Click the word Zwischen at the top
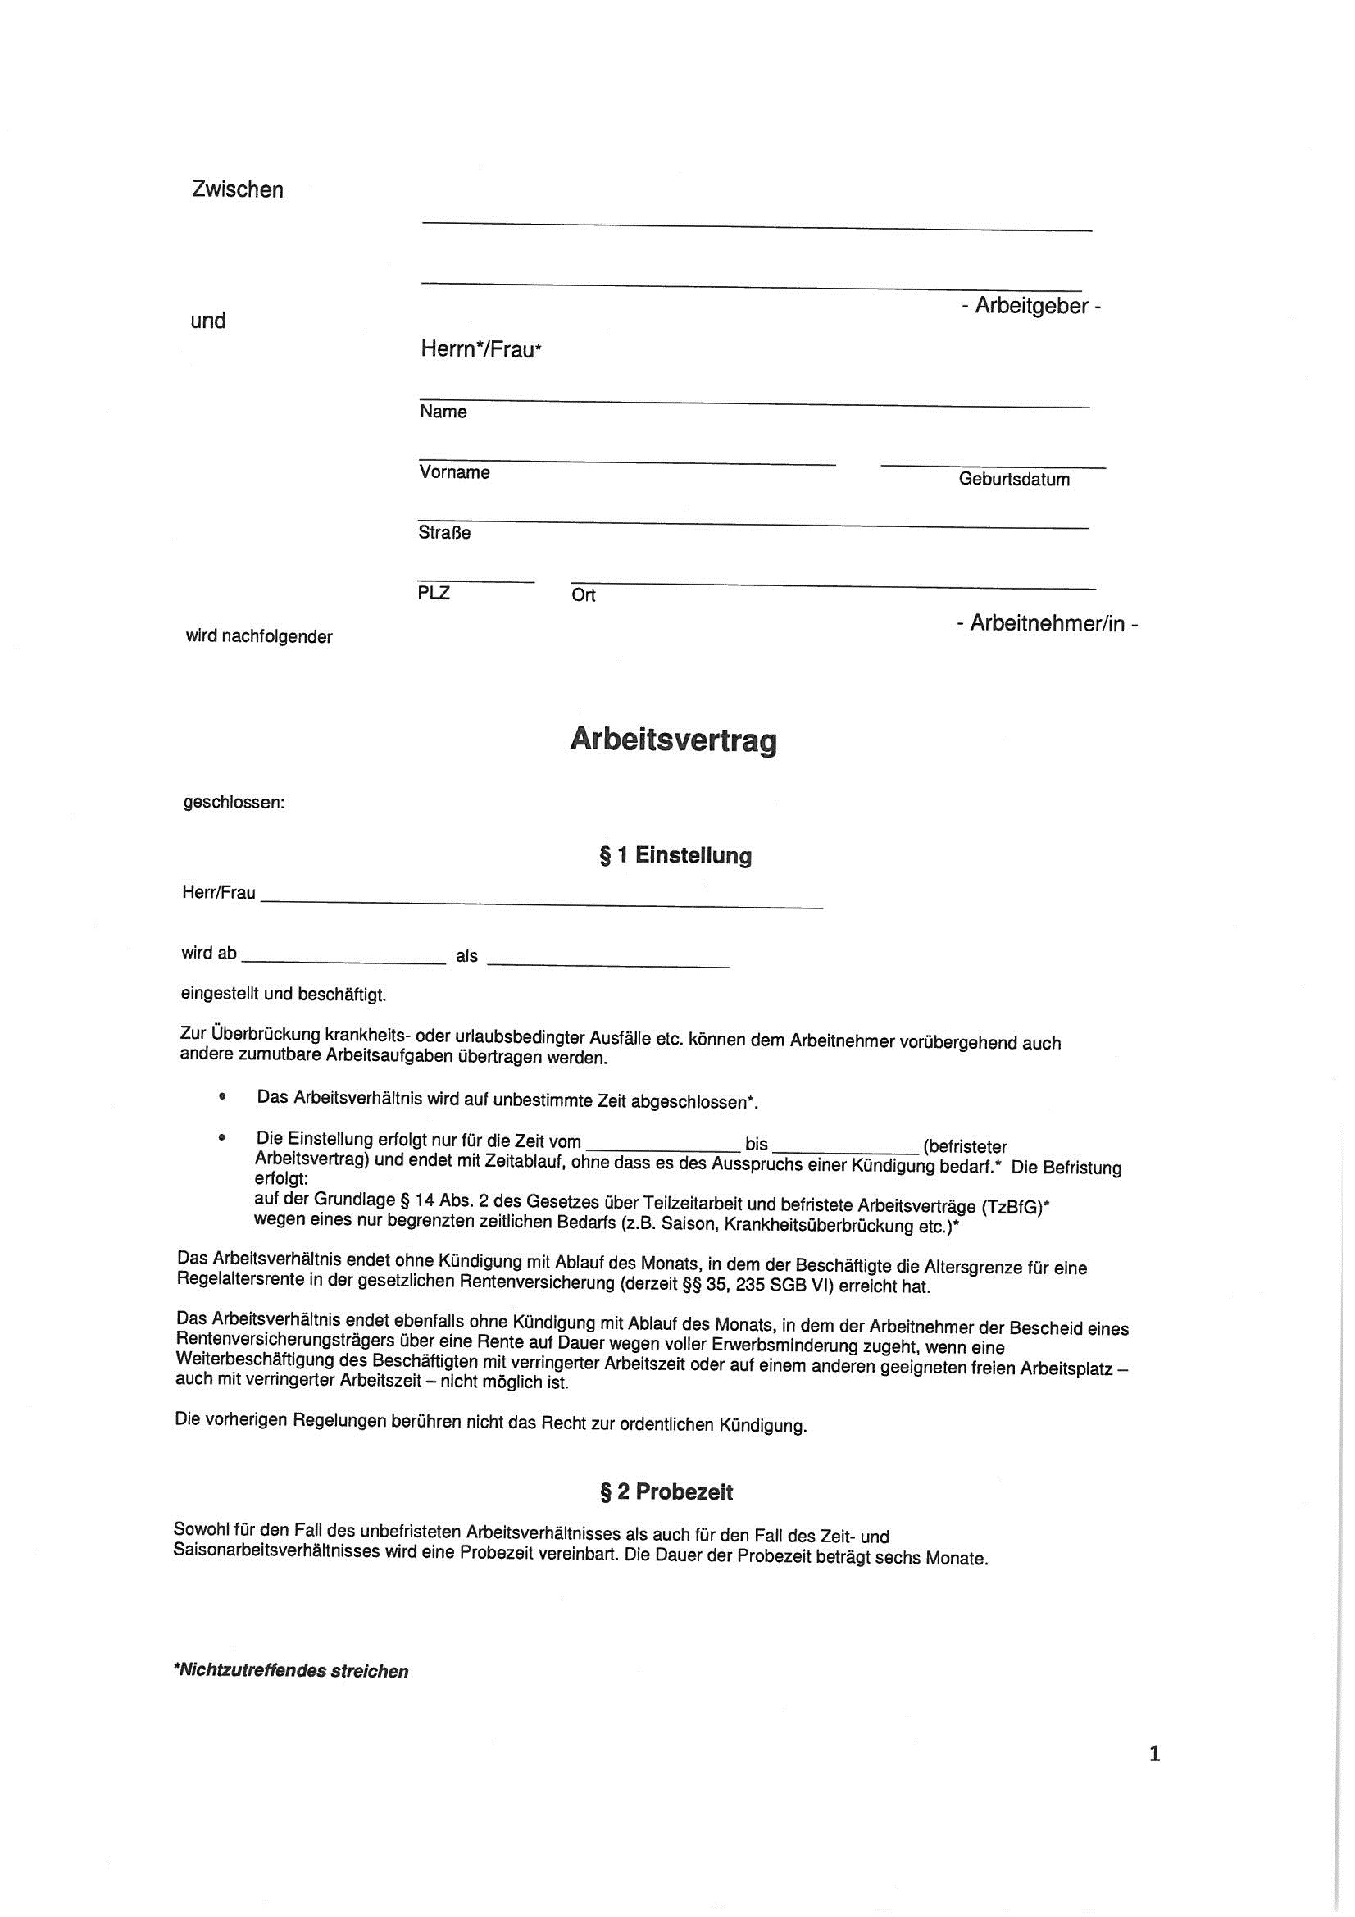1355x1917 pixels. (237, 189)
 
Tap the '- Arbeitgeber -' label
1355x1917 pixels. (1030, 307)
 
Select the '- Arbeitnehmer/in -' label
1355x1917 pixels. (1047, 624)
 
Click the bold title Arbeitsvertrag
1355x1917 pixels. (673, 740)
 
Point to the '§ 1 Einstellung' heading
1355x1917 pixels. (675, 856)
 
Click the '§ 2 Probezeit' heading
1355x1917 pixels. (666, 1492)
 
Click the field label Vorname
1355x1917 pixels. (454, 472)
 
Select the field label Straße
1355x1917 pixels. (444, 533)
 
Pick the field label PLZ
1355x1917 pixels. (434, 593)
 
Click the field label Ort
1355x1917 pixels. (583, 595)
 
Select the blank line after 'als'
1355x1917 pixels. (607, 963)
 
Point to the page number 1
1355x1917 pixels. (1155, 1754)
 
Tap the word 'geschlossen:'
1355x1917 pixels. (234, 804)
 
